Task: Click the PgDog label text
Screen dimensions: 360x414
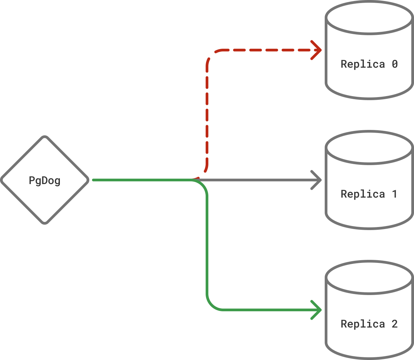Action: pyautogui.click(x=45, y=180)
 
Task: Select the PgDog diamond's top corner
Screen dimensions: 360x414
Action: pyautogui.click(x=45, y=137)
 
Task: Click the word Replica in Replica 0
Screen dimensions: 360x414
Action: pyautogui.click(x=363, y=64)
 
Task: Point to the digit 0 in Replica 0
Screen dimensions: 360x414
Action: pyautogui.click(x=395, y=64)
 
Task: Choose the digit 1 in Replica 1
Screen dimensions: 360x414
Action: pyautogui.click(x=395, y=194)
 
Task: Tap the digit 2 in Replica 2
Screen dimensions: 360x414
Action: pyautogui.click(x=395, y=324)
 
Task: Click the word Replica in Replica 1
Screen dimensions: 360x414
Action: pyautogui.click(x=363, y=194)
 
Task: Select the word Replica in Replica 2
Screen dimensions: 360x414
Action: pyautogui.click(x=363, y=324)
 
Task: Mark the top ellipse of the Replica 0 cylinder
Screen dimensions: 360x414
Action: pyautogui.click(x=369, y=18)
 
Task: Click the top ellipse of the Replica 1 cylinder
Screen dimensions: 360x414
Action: pyautogui.click(x=369, y=148)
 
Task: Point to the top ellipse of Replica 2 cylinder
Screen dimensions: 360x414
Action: pyautogui.click(x=369, y=278)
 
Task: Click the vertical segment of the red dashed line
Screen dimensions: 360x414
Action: pyautogui.click(x=207, y=112)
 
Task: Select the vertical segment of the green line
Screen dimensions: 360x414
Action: pyautogui.click(x=207, y=244)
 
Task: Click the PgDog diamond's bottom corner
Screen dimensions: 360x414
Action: pyautogui.click(x=45, y=223)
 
